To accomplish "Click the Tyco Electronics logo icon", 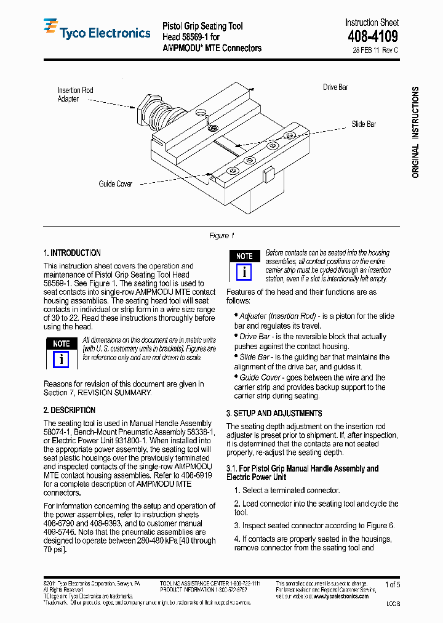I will (x=50, y=28).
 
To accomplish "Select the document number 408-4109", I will (x=372, y=37).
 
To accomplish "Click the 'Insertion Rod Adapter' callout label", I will (x=75, y=94).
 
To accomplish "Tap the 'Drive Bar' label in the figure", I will (x=335, y=87).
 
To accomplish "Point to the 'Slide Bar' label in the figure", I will (x=364, y=124).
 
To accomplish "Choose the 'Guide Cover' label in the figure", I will (x=116, y=183).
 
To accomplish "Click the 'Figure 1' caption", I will (x=222, y=236).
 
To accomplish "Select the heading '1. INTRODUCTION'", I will (x=72, y=253).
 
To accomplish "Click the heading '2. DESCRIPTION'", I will (x=69, y=410).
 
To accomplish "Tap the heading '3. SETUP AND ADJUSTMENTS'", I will (x=274, y=413).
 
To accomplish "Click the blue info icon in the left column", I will (x=61, y=360).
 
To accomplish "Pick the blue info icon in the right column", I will (x=244, y=272).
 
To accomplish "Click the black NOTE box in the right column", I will (x=244, y=256).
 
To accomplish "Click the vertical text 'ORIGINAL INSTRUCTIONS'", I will (x=415, y=132).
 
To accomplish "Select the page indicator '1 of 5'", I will (x=393, y=584).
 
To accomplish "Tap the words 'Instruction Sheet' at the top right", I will (x=372, y=23).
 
